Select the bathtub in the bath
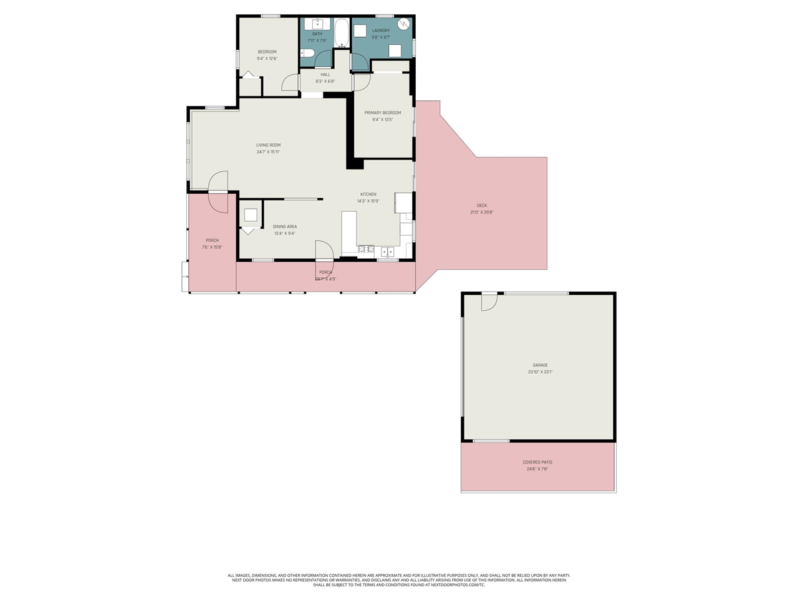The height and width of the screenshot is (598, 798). click(342, 33)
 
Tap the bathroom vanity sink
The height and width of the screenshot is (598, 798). click(317, 24)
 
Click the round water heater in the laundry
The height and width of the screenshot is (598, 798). click(404, 25)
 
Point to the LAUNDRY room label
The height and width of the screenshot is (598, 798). click(380, 31)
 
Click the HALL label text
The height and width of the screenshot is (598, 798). click(325, 74)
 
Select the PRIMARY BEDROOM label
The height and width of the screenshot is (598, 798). click(382, 113)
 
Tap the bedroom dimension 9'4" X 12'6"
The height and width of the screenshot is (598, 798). click(267, 59)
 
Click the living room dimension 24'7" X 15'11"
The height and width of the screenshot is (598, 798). click(268, 152)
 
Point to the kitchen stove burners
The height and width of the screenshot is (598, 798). click(366, 250)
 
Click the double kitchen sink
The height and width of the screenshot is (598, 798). click(387, 252)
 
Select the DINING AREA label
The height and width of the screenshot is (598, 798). click(284, 227)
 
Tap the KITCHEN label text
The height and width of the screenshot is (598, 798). click(368, 194)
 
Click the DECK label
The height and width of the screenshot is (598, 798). click(481, 206)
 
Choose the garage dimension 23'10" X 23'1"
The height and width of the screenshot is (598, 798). click(540, 372)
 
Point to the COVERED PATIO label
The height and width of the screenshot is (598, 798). click(537, 462)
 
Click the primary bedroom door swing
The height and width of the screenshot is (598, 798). click(362, 82)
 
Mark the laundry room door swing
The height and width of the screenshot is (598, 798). click(359, 62)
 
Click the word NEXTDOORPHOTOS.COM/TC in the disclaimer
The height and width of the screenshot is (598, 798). click(458, 585)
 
